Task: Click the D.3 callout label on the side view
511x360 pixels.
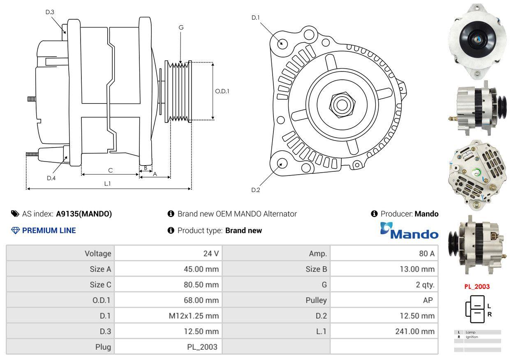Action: point(50,12)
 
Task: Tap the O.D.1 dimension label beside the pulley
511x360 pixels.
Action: point(222,91)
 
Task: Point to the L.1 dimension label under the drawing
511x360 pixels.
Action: point(107,184)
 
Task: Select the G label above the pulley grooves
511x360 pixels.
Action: point(181,28)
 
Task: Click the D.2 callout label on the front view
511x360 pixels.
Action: point(256,190)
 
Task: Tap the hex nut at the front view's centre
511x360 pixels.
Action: point(341,104)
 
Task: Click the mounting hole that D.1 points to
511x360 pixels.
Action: point(282,43)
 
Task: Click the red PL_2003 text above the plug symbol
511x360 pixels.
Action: point(477,287)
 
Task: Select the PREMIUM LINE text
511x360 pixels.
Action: point(49,231)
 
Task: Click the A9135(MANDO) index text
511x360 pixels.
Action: point(84,214)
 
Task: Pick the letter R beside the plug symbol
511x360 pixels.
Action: point(489,315)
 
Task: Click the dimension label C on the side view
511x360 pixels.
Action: point(110,170)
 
